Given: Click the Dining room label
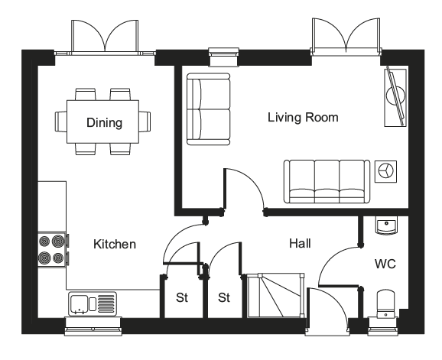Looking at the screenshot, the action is (104, 122).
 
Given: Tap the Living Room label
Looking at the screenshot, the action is (303, 117).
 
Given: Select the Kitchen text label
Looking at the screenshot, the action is (115, 244).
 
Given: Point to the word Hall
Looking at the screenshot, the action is (300, 243).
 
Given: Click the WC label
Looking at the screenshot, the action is (385, 264).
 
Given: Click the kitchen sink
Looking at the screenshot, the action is (93, 303).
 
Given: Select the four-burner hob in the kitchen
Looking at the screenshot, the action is (53, 250).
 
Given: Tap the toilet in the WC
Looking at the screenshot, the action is (386, 304).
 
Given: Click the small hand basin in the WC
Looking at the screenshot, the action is (386, 225).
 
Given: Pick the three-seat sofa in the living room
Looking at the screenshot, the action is (327, 181).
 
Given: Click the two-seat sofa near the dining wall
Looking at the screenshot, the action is (209, 109).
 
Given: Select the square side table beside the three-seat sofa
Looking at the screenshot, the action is (385, 171).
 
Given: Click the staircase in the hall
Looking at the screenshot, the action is (275, 296).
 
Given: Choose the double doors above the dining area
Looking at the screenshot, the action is (105, 37).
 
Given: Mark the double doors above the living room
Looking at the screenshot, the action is (346, 36).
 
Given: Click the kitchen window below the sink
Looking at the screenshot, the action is (93, 326).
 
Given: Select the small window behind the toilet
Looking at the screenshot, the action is (383, 327).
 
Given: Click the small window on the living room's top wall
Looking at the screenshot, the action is (223, 57).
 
